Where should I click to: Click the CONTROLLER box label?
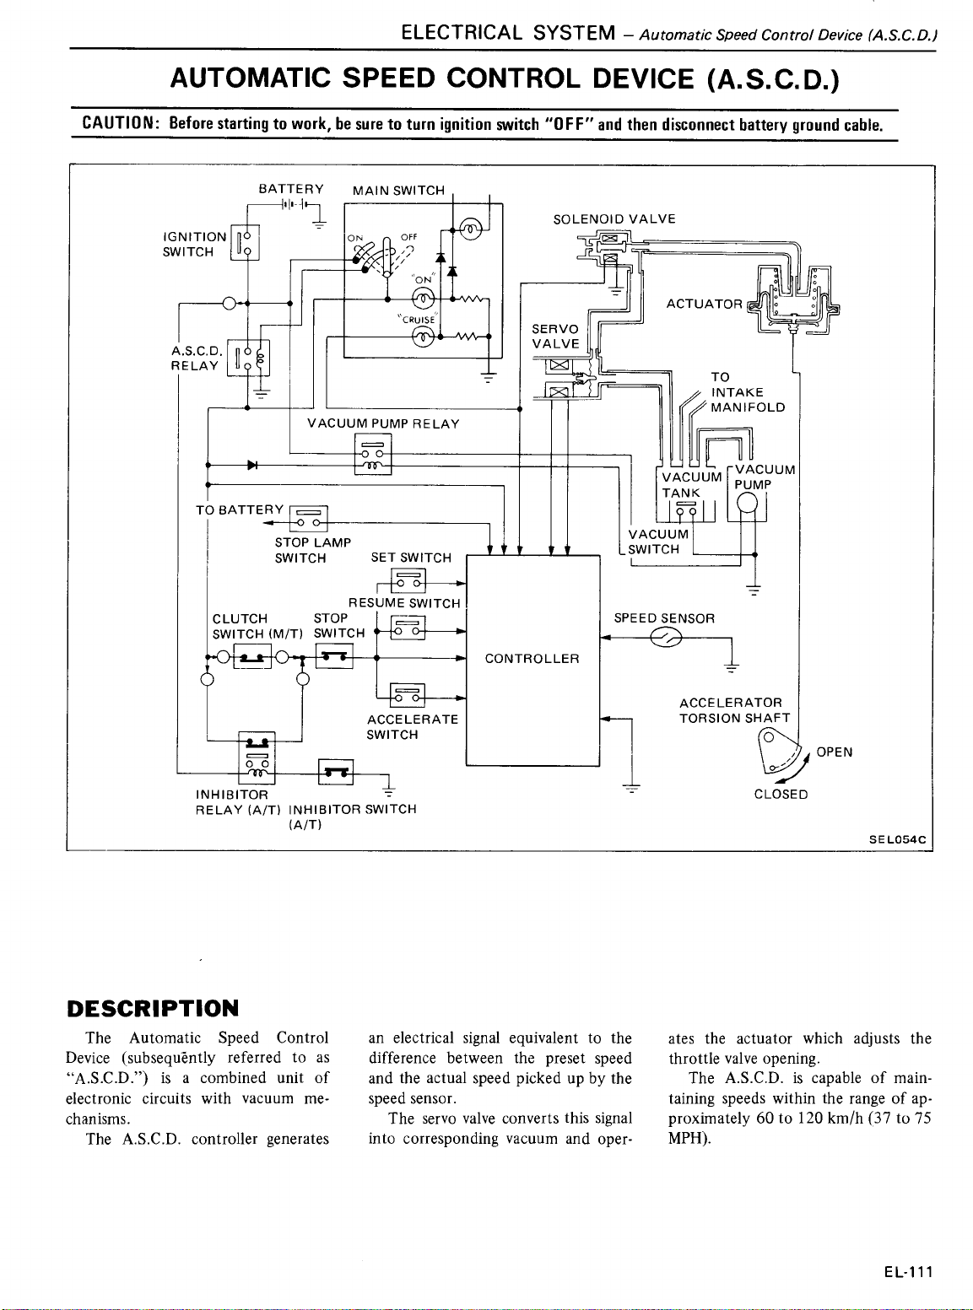[532, 659]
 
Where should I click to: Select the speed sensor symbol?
[666, 637]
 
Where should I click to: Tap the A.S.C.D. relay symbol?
[248, 358]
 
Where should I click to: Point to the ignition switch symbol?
[244, 242]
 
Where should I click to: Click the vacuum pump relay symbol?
[372, 454]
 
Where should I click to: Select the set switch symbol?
[408, 580]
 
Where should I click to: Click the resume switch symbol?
[408, 628]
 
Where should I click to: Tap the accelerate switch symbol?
[408, 694]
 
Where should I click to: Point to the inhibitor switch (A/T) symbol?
[336, 771]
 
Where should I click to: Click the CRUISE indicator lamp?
[424, 337]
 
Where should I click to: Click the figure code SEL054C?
[897, 839]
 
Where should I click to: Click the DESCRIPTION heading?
[153, 1009]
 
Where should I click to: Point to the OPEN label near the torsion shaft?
[835, 752]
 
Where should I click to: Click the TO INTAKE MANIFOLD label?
[748, 392]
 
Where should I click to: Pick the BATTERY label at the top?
[291, 189]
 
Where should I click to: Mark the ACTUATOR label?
[704, 304]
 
